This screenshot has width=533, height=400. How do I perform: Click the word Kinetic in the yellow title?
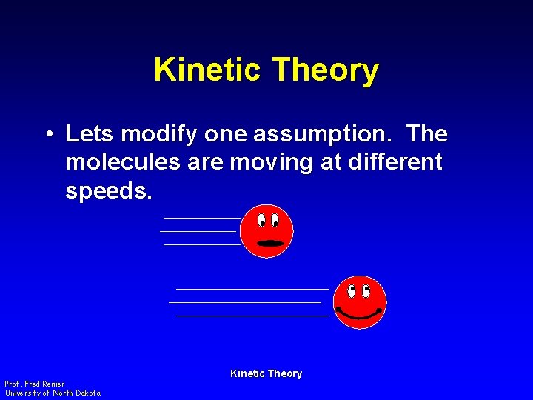[x=208, y=70]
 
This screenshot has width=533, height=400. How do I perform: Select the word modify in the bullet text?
[x=158, y=134]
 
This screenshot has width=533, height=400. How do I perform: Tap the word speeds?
[x=108, y=191]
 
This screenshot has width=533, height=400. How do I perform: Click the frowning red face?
[x=267, y=231]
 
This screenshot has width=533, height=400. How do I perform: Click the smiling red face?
[x=360, y=301]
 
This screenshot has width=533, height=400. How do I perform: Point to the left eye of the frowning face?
[x=262, y=220]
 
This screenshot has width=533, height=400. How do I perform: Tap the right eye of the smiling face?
[x=366, y=289]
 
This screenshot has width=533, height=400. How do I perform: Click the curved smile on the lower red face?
[x=359, y=313]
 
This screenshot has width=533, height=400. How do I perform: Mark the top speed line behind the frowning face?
[x=201, y=219]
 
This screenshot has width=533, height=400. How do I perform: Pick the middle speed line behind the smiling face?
[x=245, y=302]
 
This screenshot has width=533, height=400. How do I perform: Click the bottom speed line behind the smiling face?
[x=252, y=316]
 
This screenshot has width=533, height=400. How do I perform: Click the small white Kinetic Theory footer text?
[x=266, y=373]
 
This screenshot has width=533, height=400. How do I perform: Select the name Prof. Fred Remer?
[x=35, y=384]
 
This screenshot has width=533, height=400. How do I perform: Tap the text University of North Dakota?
[x=53, y=393]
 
